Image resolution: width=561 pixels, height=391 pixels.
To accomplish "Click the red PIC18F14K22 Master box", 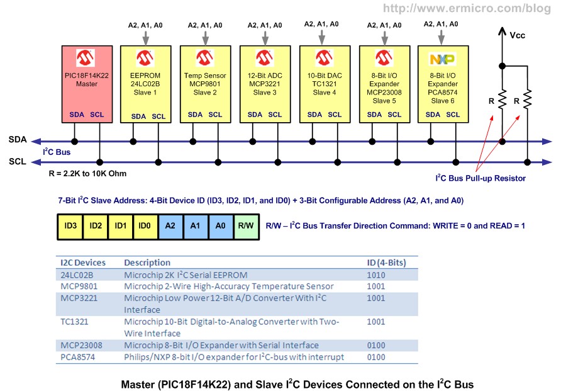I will click(84, 83).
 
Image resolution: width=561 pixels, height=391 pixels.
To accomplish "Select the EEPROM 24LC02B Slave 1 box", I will click(145, 83).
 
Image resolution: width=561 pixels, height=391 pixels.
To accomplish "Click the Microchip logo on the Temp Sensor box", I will click(204, 59).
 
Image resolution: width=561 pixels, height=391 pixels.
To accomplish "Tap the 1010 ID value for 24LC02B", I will click(377, 275).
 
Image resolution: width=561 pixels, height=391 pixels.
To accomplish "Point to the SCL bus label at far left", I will click(18, 161).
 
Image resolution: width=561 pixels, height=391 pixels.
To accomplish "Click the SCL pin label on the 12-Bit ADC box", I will click(275, 115).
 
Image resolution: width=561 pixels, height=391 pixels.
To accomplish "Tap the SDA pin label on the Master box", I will click(76, 115).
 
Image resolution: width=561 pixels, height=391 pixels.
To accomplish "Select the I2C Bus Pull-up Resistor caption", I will click(480, 178).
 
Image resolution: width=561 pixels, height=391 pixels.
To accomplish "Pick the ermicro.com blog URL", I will click(476, 9).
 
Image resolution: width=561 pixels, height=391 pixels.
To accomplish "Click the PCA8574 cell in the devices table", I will click(79, 357).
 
